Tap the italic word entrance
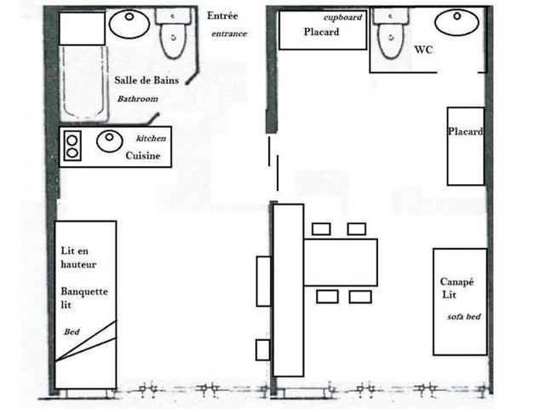(229, 34)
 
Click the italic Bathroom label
(138, 100)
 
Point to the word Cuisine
(142, 156)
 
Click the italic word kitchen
(152, 138)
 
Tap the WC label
(424, 49)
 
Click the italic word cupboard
(345, 18)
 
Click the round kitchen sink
(109, 142)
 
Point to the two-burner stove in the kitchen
(72, 147)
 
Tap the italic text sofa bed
(463, 316)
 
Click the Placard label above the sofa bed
(465, 132)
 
